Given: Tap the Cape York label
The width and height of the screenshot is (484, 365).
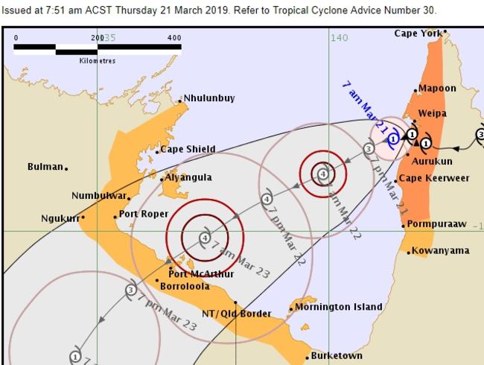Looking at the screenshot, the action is point(417,34).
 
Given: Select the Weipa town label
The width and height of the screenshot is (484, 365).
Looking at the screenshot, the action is point(433,113).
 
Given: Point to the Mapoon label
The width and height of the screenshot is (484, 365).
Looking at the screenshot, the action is point(437,88).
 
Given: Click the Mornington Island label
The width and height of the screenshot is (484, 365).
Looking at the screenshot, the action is point(339,307).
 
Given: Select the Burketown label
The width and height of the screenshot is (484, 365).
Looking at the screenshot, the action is point(337,356).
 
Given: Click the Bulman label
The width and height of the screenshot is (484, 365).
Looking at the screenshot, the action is point(45,167).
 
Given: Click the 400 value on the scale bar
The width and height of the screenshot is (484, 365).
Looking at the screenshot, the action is point(175,37).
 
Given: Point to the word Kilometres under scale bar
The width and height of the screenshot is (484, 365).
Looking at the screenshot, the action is point(98,61).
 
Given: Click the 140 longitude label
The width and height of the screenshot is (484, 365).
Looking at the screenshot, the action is point(339,37).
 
